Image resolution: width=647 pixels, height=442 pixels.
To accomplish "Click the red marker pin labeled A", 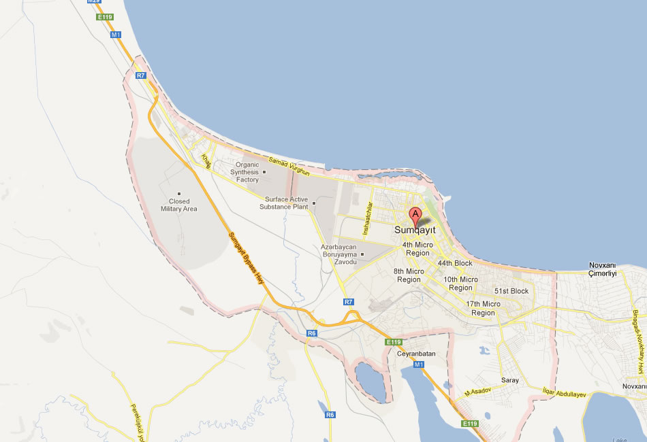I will (x=416, y=216).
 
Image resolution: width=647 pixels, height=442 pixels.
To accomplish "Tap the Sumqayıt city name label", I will (x=415, y=231).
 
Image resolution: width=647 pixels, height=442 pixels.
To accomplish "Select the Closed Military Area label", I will (x=179, y=205).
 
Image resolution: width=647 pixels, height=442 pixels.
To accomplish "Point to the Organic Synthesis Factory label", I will (x=244, y=172).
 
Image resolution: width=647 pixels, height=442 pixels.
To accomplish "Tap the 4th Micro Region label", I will (x=417, y=249).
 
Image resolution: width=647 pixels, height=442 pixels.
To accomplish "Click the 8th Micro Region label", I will (x=409, y=275).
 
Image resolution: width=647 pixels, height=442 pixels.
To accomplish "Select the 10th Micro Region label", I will (x=460, y=284).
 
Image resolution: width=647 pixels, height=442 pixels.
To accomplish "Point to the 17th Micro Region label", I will (x=483, y=308).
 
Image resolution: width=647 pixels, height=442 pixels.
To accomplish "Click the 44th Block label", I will (x=455, y=263).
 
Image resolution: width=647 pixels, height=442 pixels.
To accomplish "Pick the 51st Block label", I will (x=511, y=291).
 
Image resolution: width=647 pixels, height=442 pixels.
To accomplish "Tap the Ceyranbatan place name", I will (x=415, y=354).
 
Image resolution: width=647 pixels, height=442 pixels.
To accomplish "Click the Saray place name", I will (x=509, y=380).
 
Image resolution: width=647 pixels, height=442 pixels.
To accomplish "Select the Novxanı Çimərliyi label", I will (x=602, y=269).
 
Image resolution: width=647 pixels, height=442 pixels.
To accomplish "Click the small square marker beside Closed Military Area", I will (x=179, y=193).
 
